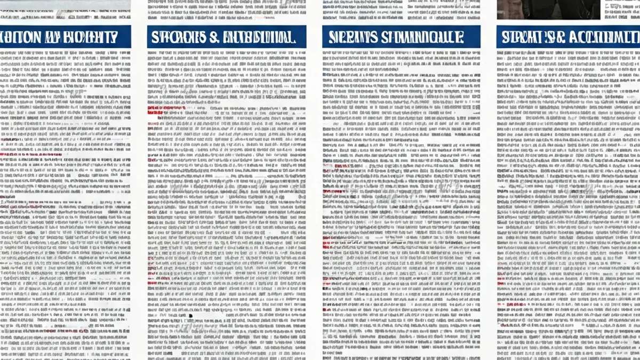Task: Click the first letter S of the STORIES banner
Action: (155, 37)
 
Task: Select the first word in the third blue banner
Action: (351, 37)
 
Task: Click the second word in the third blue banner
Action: (421, 37)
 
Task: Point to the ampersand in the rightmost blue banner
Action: (560, 37)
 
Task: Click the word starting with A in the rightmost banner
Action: (603, 37)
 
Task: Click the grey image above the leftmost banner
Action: (64, 8)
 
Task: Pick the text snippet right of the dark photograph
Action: (622, 8)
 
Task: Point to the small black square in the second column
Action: (190, 316)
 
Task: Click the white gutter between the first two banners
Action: (139, 37)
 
